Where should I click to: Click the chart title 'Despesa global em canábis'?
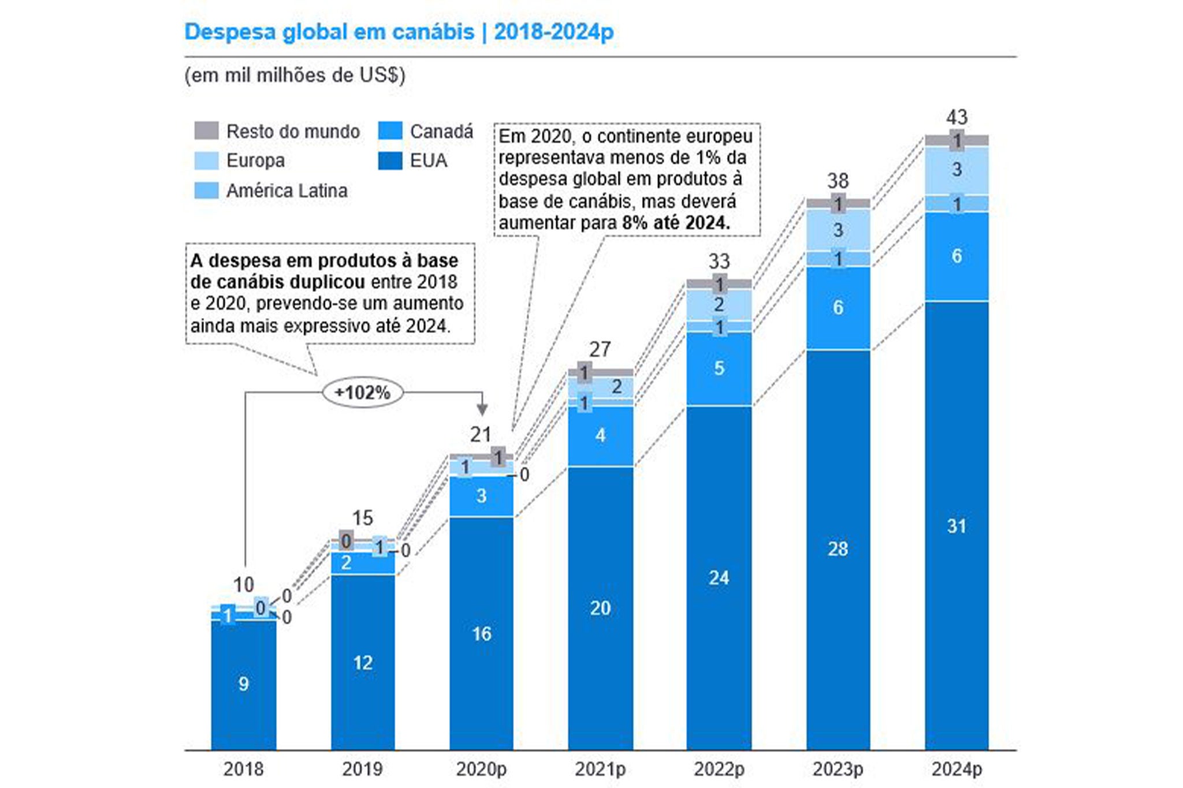(x=329, y=32)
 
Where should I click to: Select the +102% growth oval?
(x=363, y=393)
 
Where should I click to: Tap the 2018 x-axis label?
(x=243, y=769)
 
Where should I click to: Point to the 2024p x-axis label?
(x=957, y=769)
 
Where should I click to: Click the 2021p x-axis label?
(x=600, y=769)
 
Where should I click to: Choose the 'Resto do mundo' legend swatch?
(x=206, y=131)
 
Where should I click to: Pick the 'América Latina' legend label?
(x=287, y=191)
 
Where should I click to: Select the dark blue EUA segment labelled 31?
(x=957, y=526)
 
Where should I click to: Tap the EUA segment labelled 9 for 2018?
(x=243, y=684)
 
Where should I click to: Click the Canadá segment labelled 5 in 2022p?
(x=719, y=368)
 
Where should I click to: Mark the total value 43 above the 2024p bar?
(x=957, y=118)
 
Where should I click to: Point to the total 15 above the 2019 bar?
(x=363, y=518)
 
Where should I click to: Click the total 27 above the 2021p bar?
(x=600, y=349)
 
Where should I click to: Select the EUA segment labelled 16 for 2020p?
(x=481, y=634)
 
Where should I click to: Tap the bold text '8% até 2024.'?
(x=676, y=223)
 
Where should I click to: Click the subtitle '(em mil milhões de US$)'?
(x=295, y=76)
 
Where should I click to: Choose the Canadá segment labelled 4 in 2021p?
(x=600, y=435)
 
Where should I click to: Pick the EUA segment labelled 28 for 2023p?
(x=838, y=548)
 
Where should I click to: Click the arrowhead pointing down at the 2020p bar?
(x=482, y=409)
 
